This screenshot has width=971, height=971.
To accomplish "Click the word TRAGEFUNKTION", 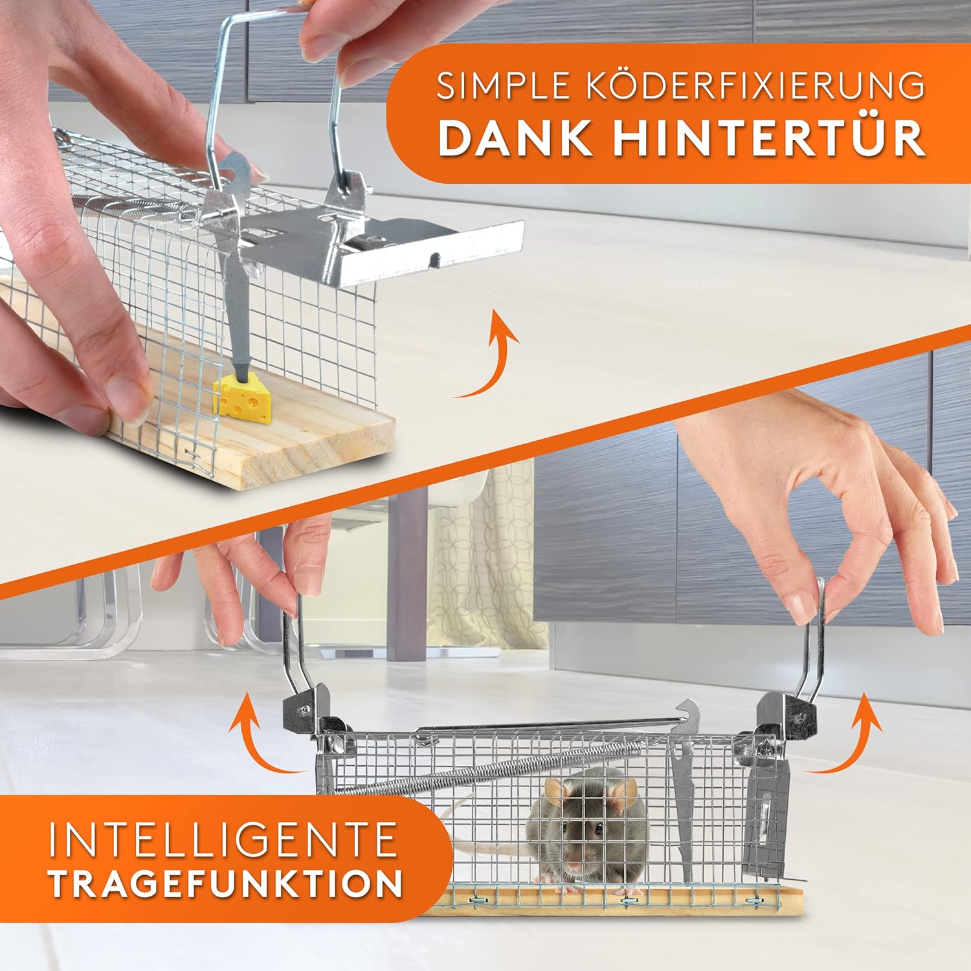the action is tap(225, 884).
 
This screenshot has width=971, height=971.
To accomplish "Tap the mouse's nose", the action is tap(574, 866).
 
